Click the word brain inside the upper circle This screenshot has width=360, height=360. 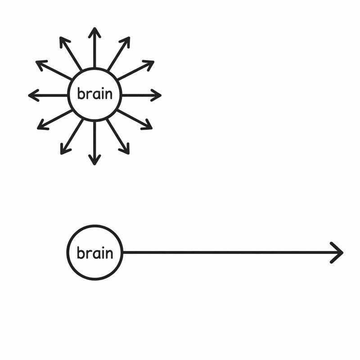[94, 94]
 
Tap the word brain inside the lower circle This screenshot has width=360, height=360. [94, 253]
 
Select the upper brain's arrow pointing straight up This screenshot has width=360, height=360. [94, 47]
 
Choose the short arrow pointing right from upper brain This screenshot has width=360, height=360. [141, 95]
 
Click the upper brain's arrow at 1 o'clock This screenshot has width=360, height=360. [119, 54]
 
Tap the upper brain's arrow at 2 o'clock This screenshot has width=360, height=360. [136, 71]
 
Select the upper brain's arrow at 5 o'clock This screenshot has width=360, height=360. [118, 136]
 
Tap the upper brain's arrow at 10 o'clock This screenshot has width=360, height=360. [53, 70]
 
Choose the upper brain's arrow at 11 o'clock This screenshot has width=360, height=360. [71, 54]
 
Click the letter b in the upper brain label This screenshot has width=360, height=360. [81, 94]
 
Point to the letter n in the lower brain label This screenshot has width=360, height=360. [108, 253]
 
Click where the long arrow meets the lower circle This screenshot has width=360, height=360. [122, 252]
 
